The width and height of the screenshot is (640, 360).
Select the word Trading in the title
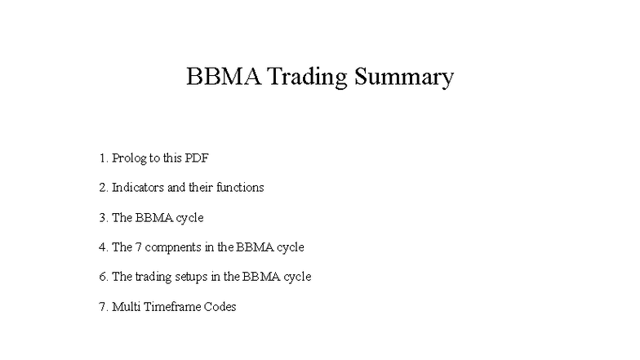(307, 78)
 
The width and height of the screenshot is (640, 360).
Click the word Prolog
(129, 158)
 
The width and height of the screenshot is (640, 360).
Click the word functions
(240, 188)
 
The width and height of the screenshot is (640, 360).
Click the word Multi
(125, 307)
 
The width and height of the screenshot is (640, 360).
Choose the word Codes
(220, 307)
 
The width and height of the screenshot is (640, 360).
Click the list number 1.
(103, 158)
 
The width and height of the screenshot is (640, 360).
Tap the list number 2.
(103, 188)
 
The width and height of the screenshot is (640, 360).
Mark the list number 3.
(103, 218)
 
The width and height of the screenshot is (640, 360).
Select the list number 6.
(103, 277)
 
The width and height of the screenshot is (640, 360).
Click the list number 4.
(103, 247)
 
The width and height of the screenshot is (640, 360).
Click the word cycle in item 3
(189, 218)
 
